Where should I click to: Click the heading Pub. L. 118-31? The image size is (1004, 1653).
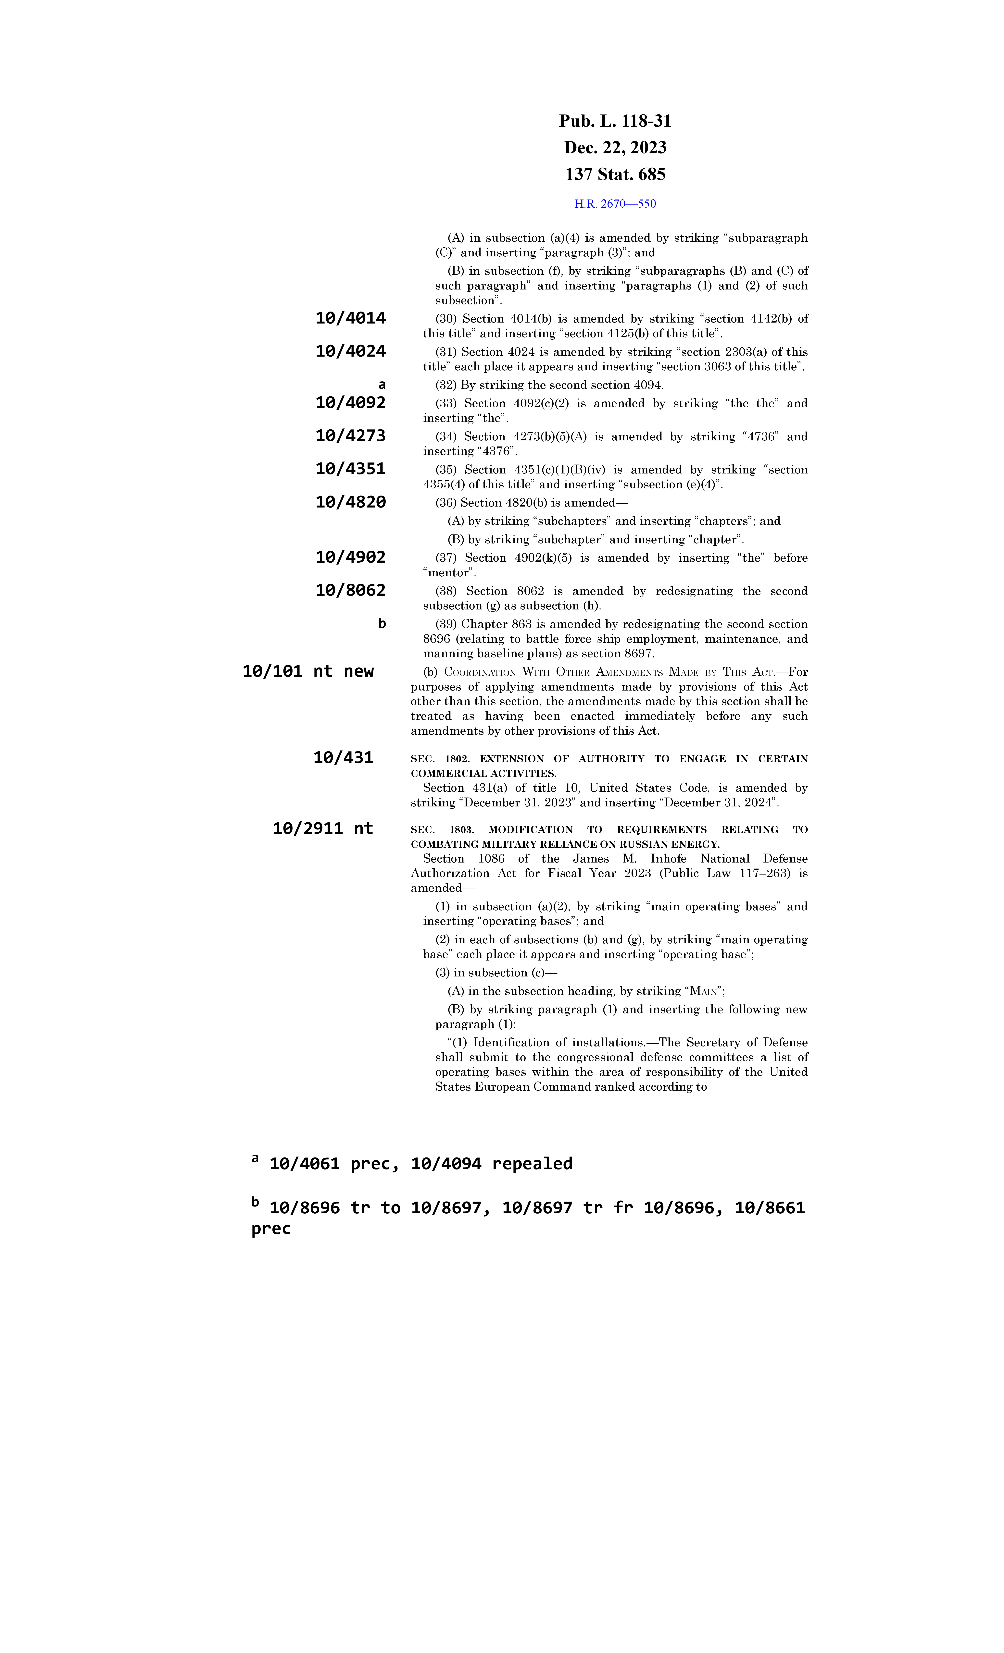click(x=615, y=121)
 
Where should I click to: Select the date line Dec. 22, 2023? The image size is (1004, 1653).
click(x=615, y=148)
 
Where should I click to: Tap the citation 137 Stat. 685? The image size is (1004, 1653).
click(x=615, y=174)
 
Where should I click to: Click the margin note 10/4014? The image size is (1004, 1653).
click(x=350, y=319)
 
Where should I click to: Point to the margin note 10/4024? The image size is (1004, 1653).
click(x=350, y=351)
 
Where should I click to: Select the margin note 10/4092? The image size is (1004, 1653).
click(x=350, y=403)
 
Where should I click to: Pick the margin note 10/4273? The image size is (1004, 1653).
click(x=350, y=436)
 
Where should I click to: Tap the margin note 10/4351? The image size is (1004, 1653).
click(x=350, y=469)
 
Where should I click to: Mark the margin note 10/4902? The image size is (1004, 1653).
click(x=350, y=557)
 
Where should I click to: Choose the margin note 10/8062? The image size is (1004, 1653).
click(x=350, y=590)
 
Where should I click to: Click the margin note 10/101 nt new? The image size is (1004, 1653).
click(x=307, y=671)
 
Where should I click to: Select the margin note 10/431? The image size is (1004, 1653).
click(x=343, y=758)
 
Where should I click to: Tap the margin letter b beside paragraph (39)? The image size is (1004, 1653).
click(x=382, y=624)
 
